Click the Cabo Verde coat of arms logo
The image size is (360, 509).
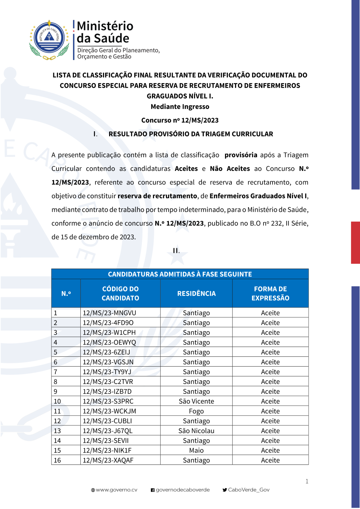point(49,40)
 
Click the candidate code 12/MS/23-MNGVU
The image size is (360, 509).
point(109,313)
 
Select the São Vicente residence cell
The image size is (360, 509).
point(196,401)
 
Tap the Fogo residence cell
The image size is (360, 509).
point(196,411)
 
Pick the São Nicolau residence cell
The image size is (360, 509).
point(196,431)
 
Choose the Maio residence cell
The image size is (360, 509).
point(196,450)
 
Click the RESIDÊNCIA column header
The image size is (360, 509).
point(196,294)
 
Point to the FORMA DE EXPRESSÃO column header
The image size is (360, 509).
point(270,294)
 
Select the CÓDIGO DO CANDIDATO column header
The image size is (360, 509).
point(120,294)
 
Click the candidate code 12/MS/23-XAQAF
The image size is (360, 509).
point(108,460)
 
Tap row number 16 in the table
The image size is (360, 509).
point(57,460)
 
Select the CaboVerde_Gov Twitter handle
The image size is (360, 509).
point(248,490)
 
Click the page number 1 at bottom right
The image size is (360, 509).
point(307,481)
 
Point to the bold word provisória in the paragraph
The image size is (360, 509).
point(241,155)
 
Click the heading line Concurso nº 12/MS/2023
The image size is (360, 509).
point(180,120)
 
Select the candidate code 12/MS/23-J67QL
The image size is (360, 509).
point(108,431)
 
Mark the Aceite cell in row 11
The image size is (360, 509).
point(270,411)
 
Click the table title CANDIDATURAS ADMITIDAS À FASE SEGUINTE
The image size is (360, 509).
point(180,274)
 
